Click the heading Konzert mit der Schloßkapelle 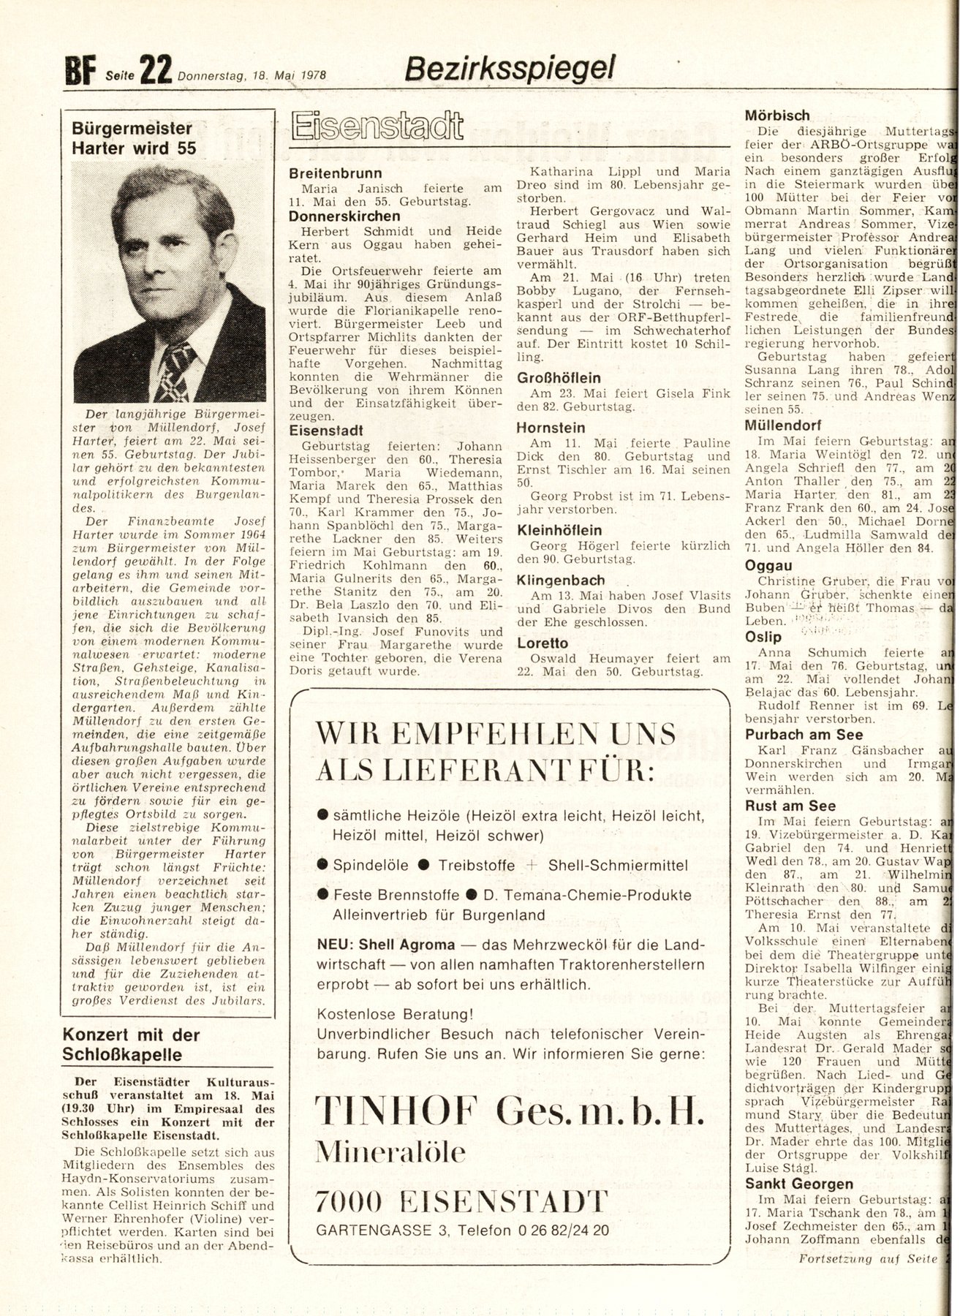[x=130, y=1044]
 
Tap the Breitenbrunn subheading [x=335, y=173]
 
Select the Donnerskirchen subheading [x=344, y=216]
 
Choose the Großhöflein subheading [x=559, y=378]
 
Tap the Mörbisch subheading [x=776, y=115]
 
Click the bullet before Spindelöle [x=321, y=865]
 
